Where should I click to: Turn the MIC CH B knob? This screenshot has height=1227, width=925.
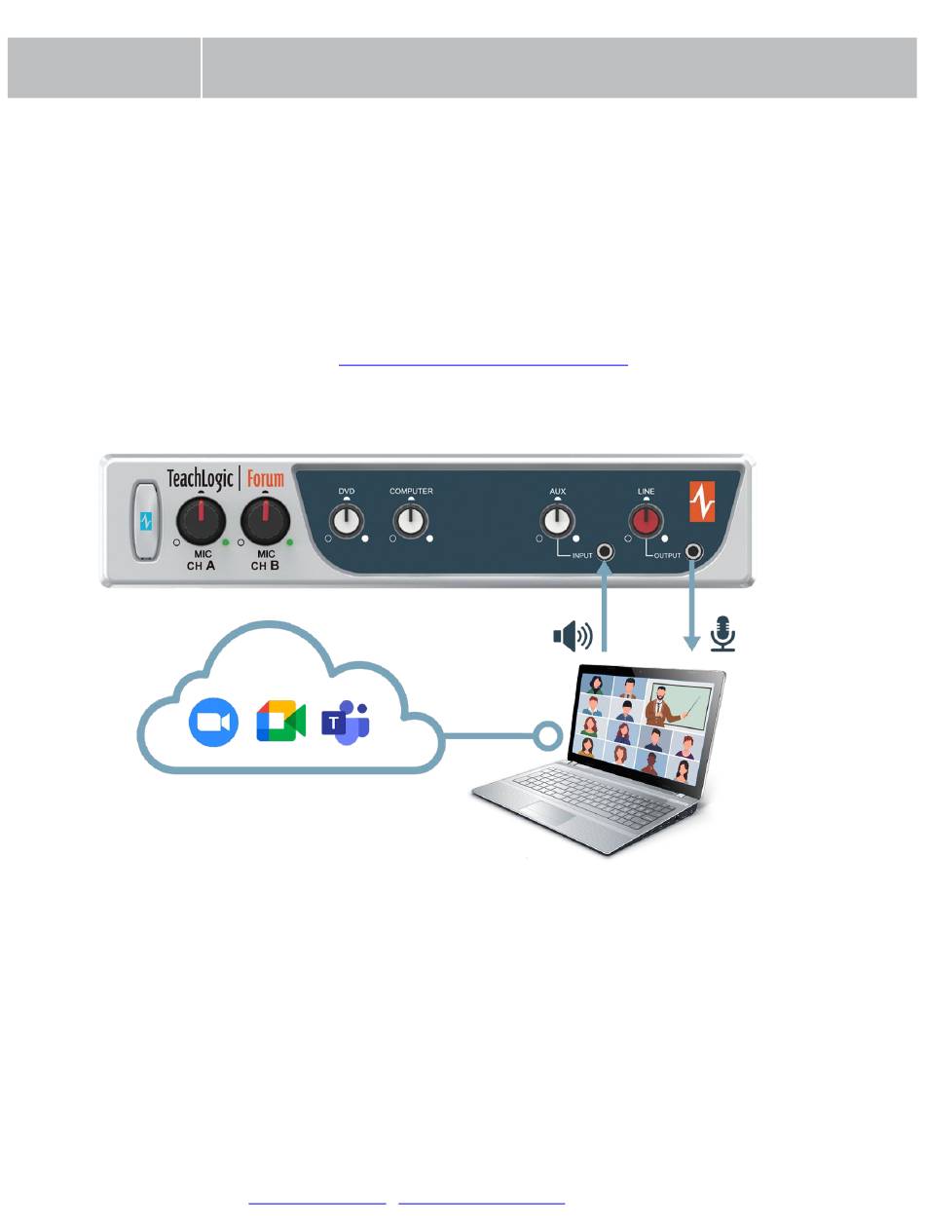coord(266,520)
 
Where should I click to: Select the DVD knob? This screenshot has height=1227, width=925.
coord(347,521)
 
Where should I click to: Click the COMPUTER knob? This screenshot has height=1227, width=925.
coord(411,521)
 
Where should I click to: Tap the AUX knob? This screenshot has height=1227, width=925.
coord(557,521)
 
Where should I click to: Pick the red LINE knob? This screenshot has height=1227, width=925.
coord(646,521)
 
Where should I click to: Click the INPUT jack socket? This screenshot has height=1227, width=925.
coord(606,553)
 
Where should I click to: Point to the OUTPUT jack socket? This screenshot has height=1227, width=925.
coord(693,553)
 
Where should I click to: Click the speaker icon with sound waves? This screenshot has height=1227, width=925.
coord(573,636)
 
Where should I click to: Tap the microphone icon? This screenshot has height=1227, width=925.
coord(722,633)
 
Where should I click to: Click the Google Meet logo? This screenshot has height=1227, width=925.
coord(280,722)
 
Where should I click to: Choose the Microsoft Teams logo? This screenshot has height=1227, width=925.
coord(346,722)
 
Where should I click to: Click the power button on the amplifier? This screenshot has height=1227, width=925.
coord(146,522)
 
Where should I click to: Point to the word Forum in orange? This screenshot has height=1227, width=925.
coord(265,478)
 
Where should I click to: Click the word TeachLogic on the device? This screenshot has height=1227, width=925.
coord(200,478)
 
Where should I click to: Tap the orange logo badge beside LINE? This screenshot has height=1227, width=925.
coord(703,500)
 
